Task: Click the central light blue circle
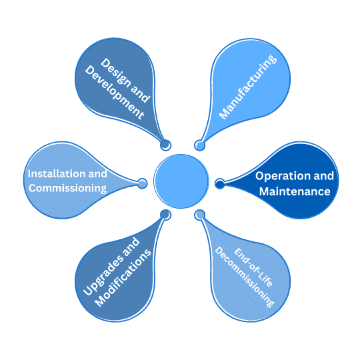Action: pos(181,181)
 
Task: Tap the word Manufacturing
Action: pos(248,87)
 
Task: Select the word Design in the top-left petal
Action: pos(116,73)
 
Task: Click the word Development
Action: pos(115,92)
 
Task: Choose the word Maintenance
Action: pos(295,191)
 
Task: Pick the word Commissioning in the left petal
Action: pos(67,189)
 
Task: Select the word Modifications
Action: pos(123,278)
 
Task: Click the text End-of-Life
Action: pos(253,267)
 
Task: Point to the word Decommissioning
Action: pos(245,277)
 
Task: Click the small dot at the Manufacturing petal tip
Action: pos(200,145)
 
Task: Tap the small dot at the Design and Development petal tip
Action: pos(165,145)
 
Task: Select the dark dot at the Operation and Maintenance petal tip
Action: pos(220,184)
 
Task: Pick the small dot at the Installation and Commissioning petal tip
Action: pos(142,184)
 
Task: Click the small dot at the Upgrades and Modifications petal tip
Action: pos(165,215)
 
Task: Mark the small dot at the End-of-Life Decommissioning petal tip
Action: pos(200,215)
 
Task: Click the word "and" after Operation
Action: pos(324,176)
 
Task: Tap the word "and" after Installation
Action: pos(97,174)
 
